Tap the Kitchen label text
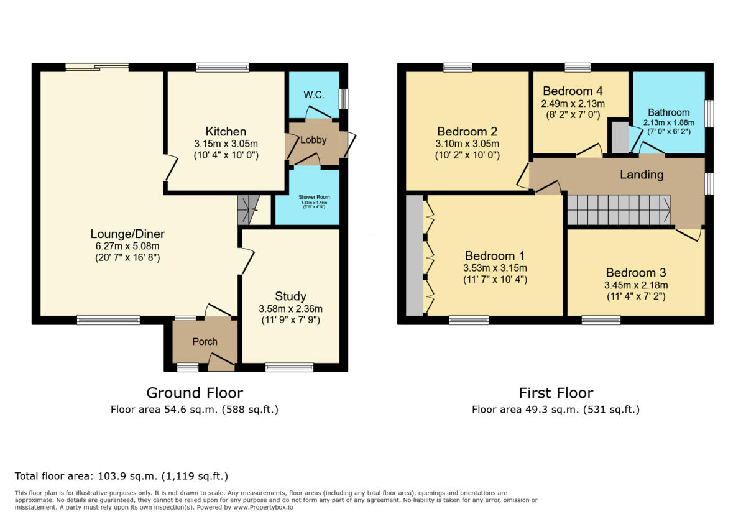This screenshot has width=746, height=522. click(226, 132)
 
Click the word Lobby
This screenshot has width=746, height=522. click(313, 140)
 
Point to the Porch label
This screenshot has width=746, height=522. click(205, 341)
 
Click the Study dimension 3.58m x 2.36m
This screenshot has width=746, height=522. click(291, 309)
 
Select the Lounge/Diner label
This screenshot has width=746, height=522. click(127, 234)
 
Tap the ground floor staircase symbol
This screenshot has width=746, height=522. click(247, 209)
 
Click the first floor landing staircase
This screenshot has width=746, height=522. click(619, 210)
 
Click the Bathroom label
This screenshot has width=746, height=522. click(668, 112)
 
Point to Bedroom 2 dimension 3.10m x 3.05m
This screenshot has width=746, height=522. click(467, 144)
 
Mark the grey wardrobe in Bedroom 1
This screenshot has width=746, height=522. click(413, 256)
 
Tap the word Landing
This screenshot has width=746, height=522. click(641, 175)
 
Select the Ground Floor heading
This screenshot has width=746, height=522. click(194, 393)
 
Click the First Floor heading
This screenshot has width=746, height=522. click(556, 393)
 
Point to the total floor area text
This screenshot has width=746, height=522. click(121, 476)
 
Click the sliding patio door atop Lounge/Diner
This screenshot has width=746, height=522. click(98, 67)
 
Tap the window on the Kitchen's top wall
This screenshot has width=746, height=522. click(222, 67)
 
